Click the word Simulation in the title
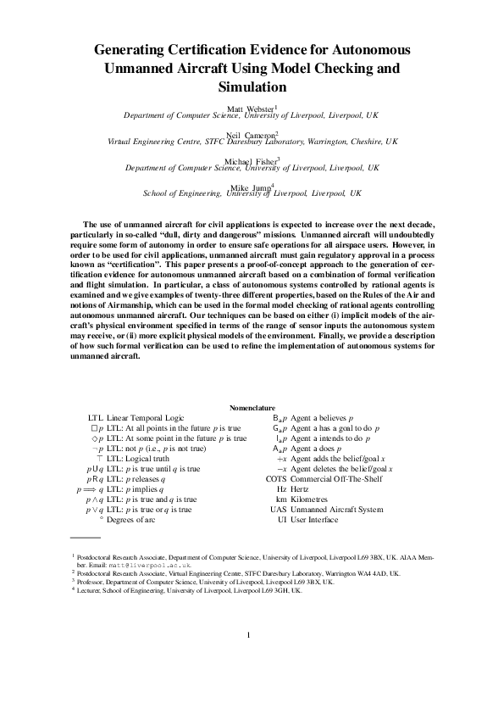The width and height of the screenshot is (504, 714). pyautogui.click(x=252, y=86)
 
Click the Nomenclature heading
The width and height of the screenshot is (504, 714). pyautogui.click(x=252, y=408)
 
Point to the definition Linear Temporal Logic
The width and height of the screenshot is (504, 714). pyautogui.click(x=146, y=418)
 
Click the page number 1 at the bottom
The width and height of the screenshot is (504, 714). pyautogui.click(x=249, y=659)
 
